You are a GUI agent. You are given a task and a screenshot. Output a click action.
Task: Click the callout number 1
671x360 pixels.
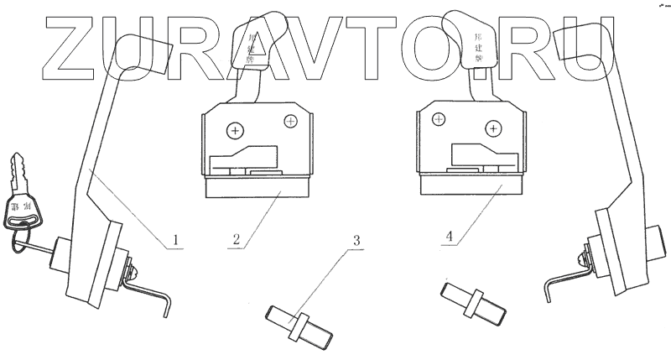pos(174,242)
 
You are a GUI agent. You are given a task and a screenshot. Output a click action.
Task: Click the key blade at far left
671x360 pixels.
pos(18,172)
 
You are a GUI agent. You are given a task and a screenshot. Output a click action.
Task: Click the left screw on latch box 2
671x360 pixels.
pos(236,130)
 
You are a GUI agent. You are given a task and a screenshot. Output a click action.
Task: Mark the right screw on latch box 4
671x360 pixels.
pos(492,130)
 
